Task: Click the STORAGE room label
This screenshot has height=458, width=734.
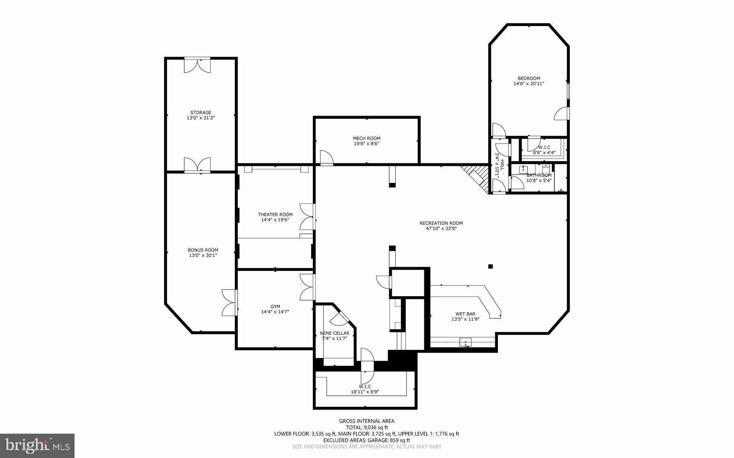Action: tap(201, 112)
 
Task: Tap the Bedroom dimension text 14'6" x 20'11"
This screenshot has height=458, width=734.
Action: tap(529, 84)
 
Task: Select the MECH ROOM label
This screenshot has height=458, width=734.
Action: tap(366, 138)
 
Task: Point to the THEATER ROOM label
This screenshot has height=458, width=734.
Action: tap(275, 214)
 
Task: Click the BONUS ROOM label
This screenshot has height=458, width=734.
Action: tap(203, 250)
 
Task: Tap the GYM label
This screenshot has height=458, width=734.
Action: tap(275, 306)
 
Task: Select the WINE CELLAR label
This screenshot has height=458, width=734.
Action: tap(334, 333)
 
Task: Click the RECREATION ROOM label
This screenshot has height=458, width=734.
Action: tap(441, 223)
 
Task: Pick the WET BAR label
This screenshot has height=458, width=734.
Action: tap(465, 314)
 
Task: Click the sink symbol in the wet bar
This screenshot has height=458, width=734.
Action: tap(466, 342)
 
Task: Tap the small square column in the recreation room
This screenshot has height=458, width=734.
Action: tap(490, 266)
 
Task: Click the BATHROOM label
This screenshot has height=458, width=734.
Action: tap(539, 175)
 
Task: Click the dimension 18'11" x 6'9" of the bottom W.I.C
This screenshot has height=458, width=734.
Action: tap(365, 392)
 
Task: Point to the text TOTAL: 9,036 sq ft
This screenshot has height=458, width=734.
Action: tap(367, 427)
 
